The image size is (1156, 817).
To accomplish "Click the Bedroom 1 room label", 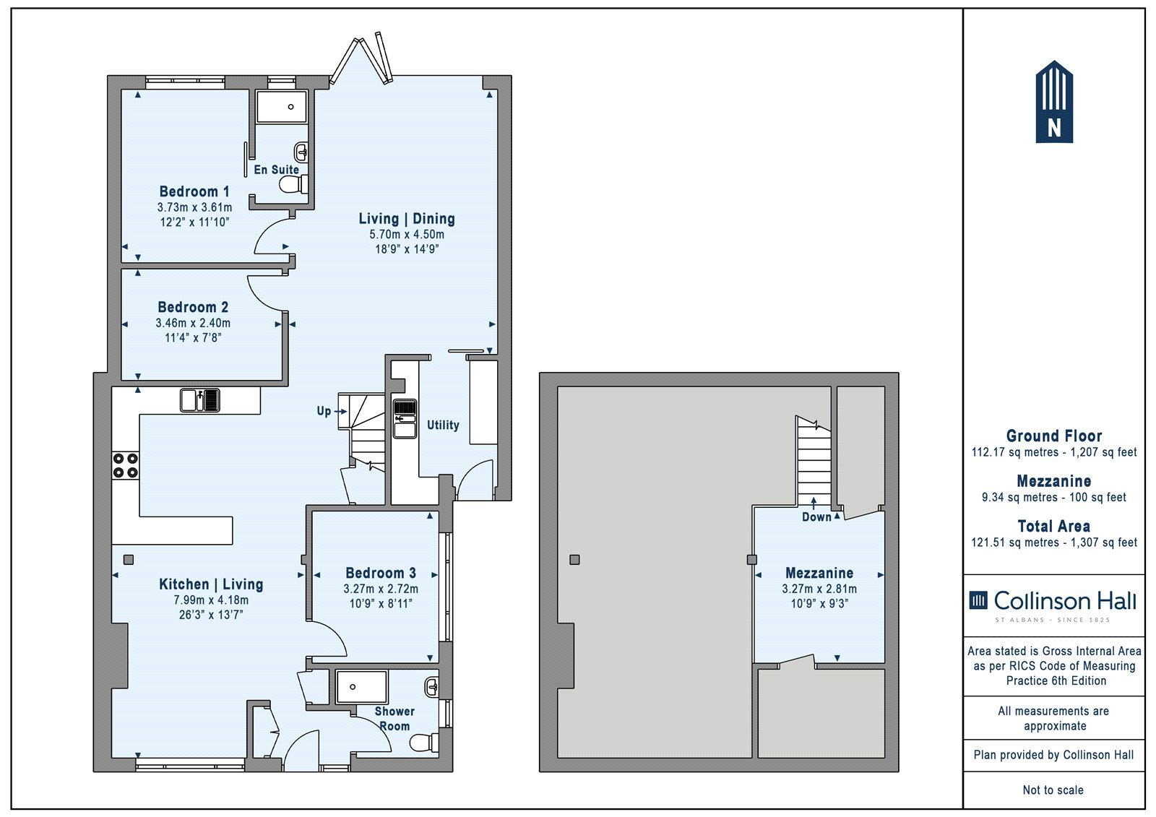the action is point(194,191).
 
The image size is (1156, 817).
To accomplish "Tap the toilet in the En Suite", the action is point(293,184).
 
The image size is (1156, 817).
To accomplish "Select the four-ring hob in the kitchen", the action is point(126,465).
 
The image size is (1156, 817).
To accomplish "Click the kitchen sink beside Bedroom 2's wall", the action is point(200,400).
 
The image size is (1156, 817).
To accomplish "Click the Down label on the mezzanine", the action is point(816,516).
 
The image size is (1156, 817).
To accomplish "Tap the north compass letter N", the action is point(1054,127).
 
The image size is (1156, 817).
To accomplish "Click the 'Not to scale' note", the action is point(1053,790).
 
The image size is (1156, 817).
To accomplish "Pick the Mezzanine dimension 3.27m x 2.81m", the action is point(819,589).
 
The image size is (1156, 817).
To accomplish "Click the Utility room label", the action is point(443,425).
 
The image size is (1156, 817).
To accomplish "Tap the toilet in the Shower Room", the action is point(424,743).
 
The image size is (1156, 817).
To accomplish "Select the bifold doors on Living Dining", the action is point(362,59).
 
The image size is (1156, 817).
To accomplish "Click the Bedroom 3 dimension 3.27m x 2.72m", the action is point(381,589).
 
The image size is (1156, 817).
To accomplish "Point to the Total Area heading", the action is point(1054,526).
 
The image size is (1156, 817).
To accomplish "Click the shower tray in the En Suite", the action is point(282,107).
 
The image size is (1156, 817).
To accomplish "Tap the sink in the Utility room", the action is point(405,418).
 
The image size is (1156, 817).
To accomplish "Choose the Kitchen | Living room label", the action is point(211,584).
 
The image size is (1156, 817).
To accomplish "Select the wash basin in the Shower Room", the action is point(432,687).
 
